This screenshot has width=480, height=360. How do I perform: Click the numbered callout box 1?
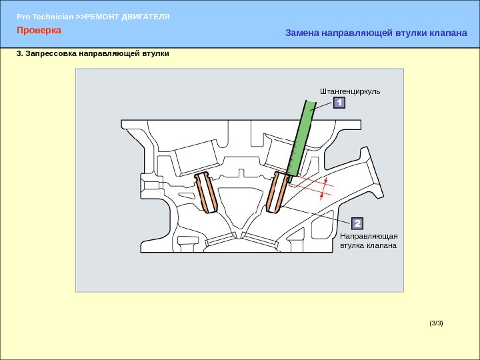click(339, 103)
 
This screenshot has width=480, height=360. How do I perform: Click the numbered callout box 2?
click(357, 223)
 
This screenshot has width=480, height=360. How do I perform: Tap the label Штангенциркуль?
click(350, 91)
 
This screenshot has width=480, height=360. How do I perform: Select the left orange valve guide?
click(206, 193)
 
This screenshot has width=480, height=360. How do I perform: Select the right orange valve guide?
click(277, 193)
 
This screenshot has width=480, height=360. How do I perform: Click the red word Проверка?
click(39, 30)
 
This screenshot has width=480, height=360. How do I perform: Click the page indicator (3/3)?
click(436, 323)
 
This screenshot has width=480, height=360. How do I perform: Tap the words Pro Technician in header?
click(45, 17)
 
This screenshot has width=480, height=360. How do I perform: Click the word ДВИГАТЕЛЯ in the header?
click(145, 17)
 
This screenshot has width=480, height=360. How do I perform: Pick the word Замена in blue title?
click(302, 33)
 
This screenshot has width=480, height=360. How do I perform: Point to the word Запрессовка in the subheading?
click(51, 53)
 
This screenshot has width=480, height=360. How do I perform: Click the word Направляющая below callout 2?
click(369, 236)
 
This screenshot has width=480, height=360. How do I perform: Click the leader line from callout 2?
click(317, 215)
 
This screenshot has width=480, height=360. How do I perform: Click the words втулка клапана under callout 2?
click(368, 245)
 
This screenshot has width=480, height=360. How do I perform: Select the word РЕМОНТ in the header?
click(102, 17)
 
